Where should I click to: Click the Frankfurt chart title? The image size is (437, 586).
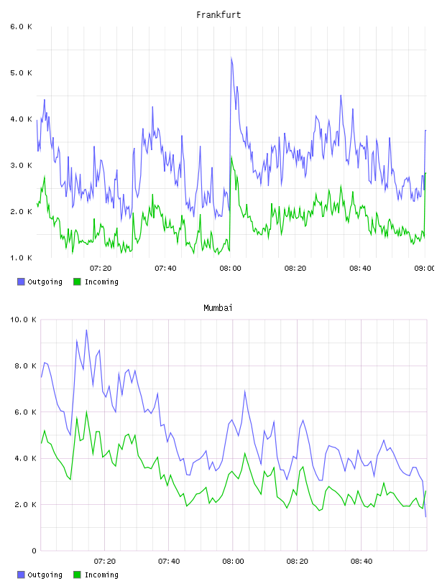click(x=218, y=14)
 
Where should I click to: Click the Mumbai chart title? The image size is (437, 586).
click(x=218, y=307)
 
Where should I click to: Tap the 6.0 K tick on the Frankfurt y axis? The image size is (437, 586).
click(x=22, y=27)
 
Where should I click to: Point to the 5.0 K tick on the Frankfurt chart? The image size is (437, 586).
click(x=22, y=73)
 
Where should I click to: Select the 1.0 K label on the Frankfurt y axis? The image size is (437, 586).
click(x=22, y=258)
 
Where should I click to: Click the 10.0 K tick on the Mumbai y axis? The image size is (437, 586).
click(x=23, y=320)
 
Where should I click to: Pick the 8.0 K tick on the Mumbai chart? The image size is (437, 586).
click(x=25, y=366)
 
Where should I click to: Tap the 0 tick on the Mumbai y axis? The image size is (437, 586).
click(x=34, y=551)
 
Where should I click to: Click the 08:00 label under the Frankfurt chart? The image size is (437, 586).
click(x=231, y=269)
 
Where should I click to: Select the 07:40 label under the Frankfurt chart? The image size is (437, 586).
click(x=165, y=269)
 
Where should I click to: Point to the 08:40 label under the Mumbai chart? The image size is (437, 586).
click(x=362, y=562)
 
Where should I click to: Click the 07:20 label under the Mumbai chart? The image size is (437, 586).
click(x=105, y=562)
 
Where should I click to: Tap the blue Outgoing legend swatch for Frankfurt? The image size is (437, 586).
click(x=21, y=282)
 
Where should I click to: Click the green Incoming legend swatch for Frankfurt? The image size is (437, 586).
click(x=77, y=282)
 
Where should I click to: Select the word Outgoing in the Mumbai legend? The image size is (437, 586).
click(x=45, y=575)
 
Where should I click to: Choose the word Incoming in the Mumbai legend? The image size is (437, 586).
click(x=101, y=575)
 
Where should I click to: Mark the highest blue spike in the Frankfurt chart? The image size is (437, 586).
click(x=231, y=58)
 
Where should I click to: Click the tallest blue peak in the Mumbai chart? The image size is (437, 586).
click(x=86, y=330)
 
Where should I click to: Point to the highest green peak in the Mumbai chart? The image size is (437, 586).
click(x=86, y=411)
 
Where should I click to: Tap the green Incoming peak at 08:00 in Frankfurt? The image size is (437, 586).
click(x=231, y=158)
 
